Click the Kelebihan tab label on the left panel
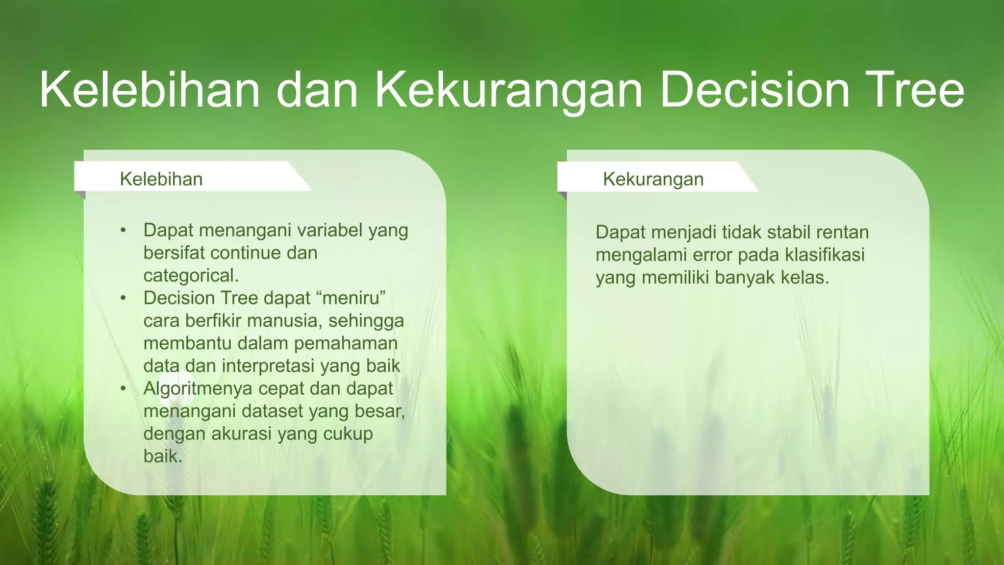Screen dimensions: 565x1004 tap(161, 179)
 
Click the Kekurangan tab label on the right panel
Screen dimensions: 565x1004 tap(653, 179)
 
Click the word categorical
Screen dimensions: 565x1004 tap(191, 276)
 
